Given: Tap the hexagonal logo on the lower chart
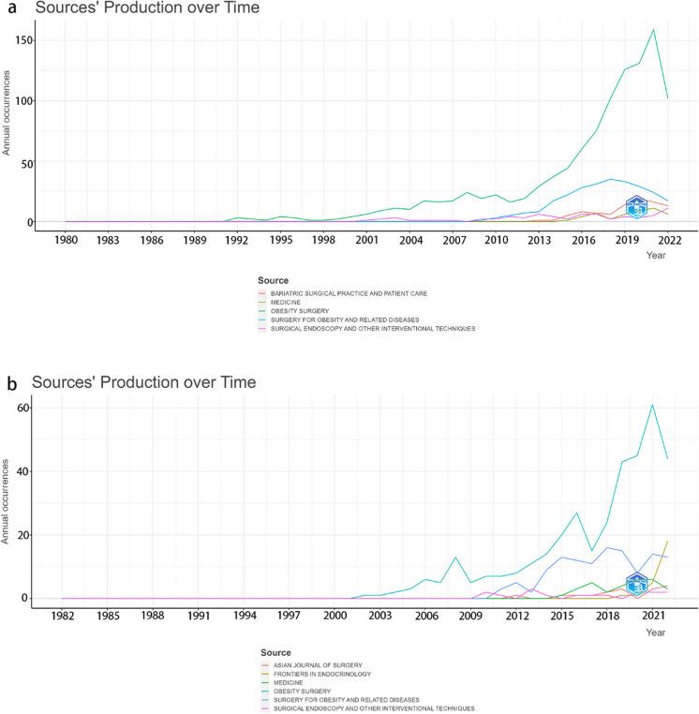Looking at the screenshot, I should (637, 583).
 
